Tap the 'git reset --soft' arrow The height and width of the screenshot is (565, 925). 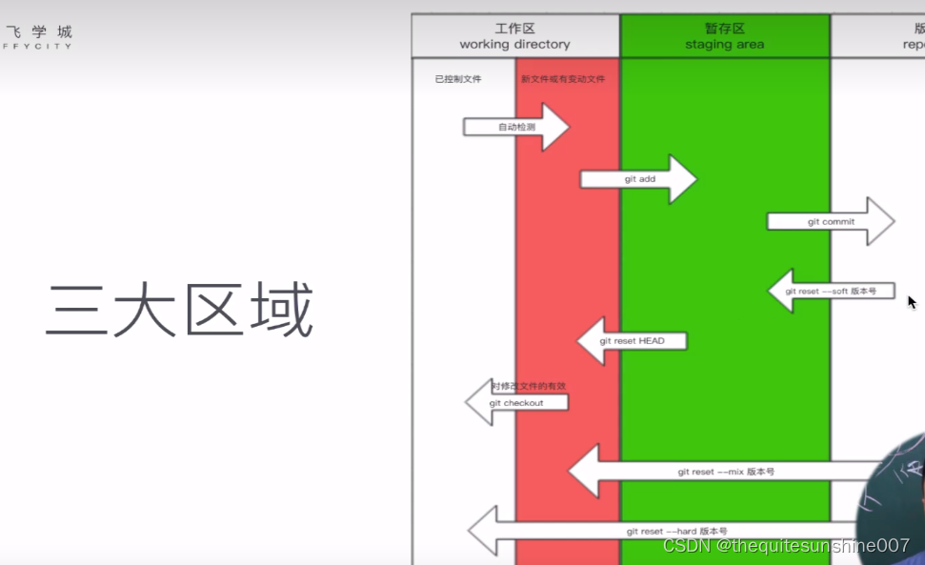(830, 291)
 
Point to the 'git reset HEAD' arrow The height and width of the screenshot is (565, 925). (632, 341)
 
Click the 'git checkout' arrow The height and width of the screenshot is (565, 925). (516, 402)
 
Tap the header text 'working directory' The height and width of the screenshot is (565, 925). (514, 45)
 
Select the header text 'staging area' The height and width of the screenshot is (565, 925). (724, 45)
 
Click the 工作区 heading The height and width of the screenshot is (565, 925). (514, 29)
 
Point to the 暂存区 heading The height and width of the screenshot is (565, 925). (724, 29)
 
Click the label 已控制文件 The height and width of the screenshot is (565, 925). (458, 79)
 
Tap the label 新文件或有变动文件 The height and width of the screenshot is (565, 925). (563, 79)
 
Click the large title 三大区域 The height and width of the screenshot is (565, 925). (180, 311)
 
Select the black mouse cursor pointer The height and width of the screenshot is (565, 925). (911, 302)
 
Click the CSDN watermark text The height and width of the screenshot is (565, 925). (786, 546)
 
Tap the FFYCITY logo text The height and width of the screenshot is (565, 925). (37, 45)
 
